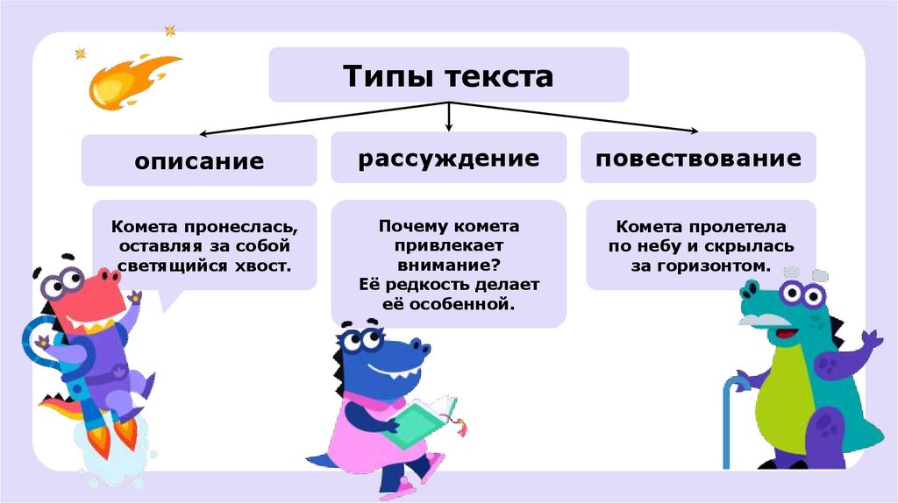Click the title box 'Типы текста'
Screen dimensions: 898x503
pyautogui.click(x=448, y=75)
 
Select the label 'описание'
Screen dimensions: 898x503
pyautogui.click(x=199, y=160)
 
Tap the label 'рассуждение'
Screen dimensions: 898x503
pyautogui.click(x=448, y=159)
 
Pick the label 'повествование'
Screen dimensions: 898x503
pyautogui.click(x=698, y=159)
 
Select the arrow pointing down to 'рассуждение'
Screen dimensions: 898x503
pyautogui.click(x=449, y=117)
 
